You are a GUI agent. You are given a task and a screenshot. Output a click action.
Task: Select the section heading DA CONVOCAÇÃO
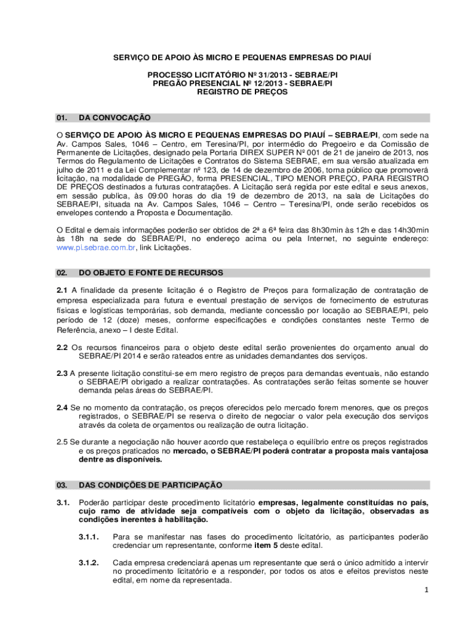point(114,118)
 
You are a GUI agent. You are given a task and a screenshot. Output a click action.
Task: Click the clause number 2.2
point(62,348)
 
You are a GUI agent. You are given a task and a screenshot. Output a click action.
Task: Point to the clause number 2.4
point(62,408)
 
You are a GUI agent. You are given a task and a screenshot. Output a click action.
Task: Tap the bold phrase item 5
point(268,545)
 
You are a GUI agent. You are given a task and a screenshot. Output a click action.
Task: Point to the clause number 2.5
point(62,442)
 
